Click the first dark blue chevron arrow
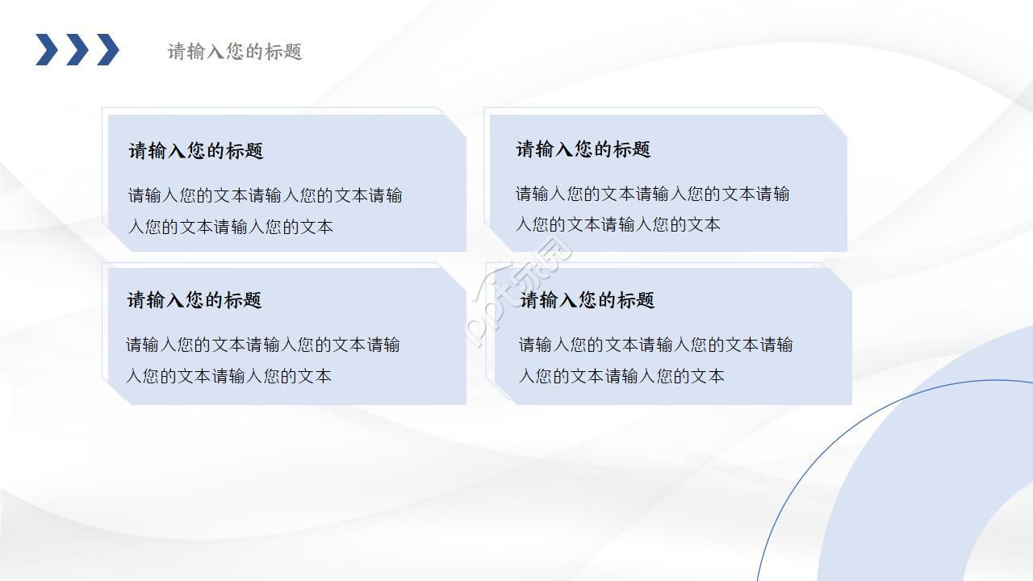pos(47,50)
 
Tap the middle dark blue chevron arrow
pos(77,50)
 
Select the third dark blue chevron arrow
pos(108,50)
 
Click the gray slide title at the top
pos(235,52)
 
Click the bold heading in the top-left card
pos(196,151)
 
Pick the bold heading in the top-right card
pos(583,149)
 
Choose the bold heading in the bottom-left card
pos(194,300)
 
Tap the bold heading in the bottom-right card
pos(588,300)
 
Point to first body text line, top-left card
pos(266,196)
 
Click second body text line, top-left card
pos(231,227)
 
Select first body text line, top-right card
pos(653,194)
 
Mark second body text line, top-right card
pos(618,225)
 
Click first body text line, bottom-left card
pos(263,345)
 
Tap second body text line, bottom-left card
pos(228,376)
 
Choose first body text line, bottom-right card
pos(656,345)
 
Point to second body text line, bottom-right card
pos(621,376)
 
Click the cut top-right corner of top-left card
pos(455,124)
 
